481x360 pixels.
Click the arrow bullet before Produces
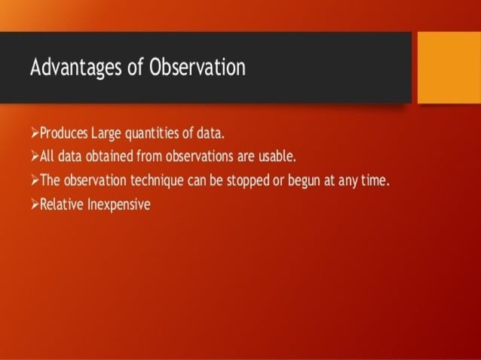coord(35,134)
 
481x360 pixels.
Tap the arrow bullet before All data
coord(35,157)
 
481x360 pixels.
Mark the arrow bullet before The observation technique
coord(35,180)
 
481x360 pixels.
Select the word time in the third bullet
coord(372,180)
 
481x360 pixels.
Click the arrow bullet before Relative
coord(35,203)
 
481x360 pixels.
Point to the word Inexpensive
coord(120,203)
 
